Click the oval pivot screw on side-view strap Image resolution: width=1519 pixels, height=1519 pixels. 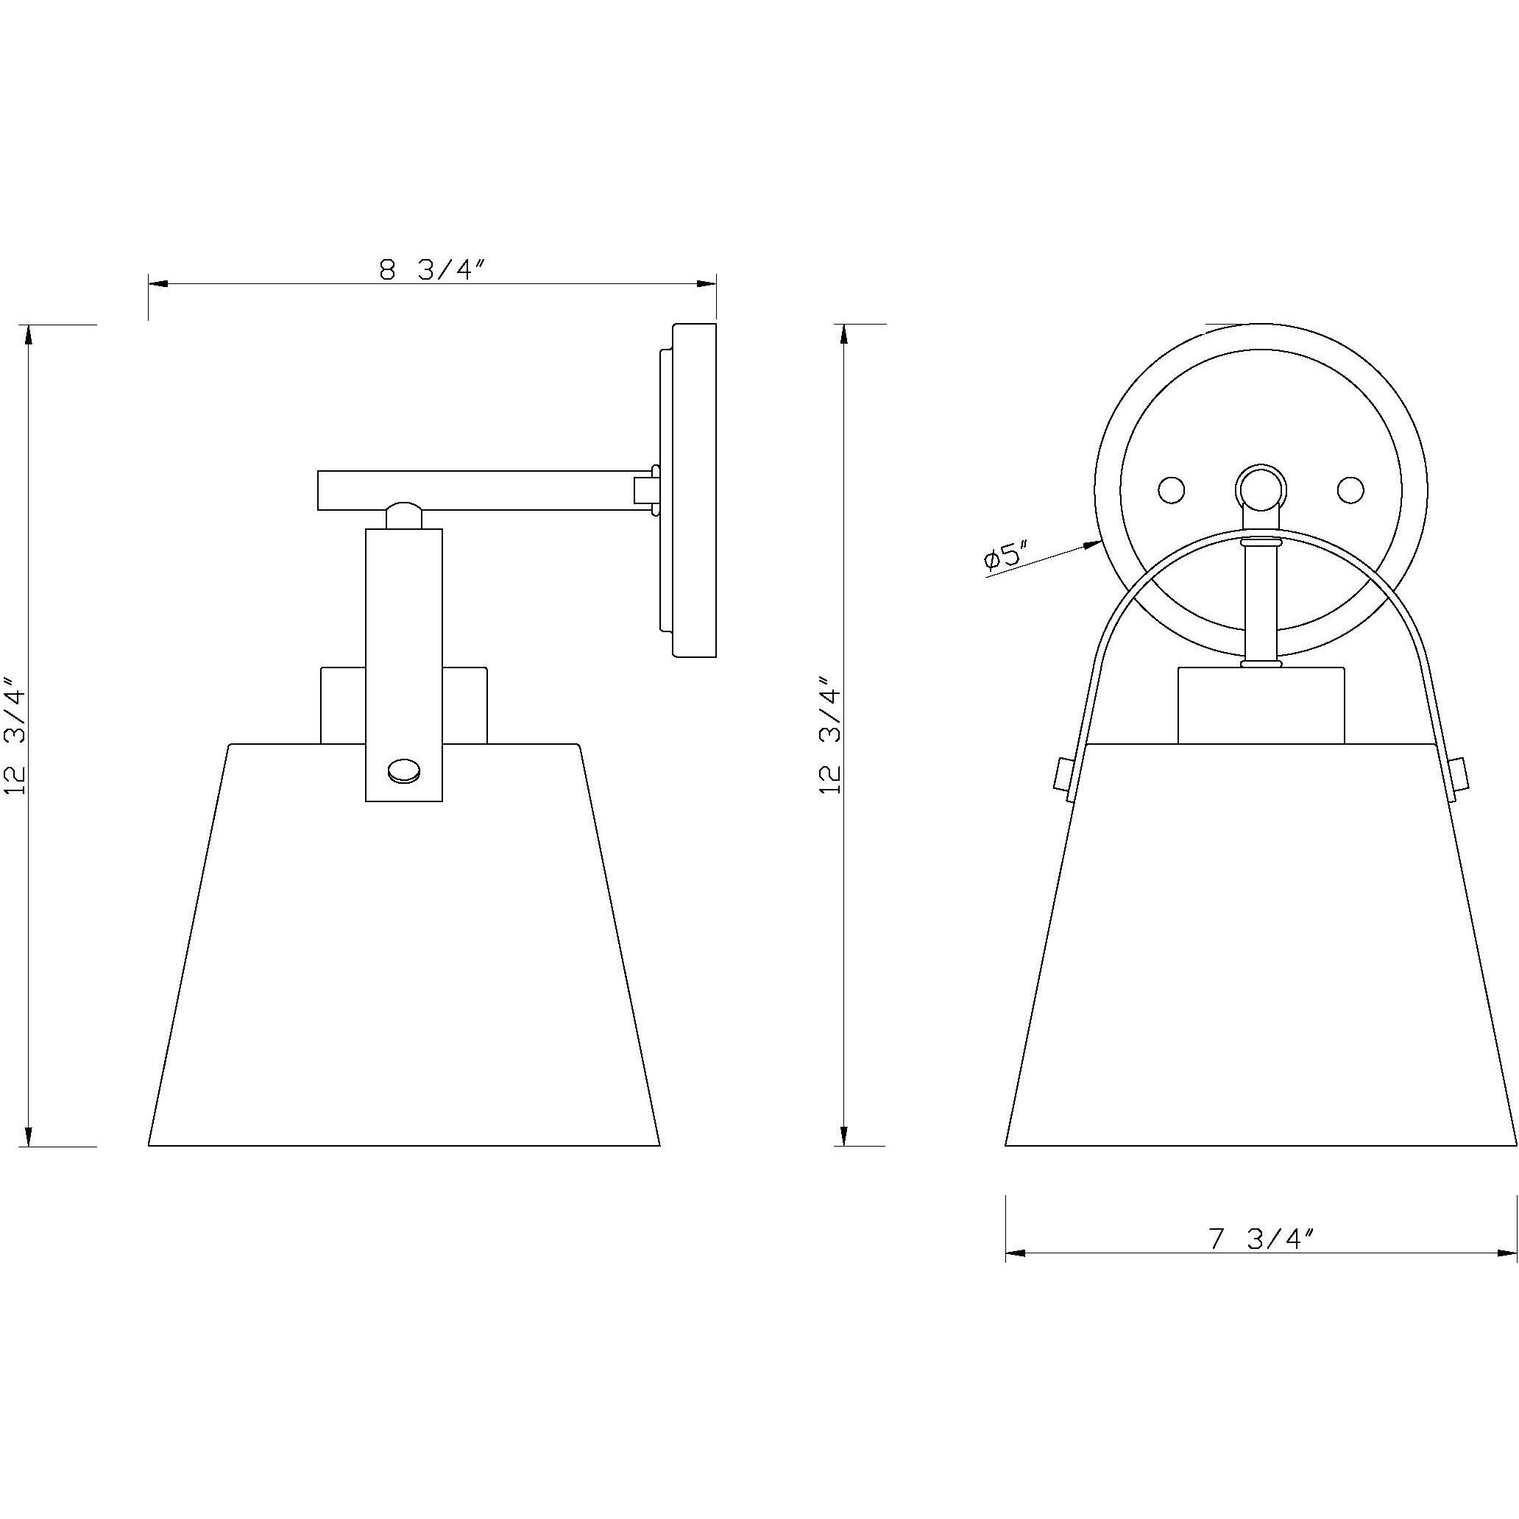(404, 771)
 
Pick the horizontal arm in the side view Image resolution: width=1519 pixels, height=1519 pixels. (480, 490)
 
